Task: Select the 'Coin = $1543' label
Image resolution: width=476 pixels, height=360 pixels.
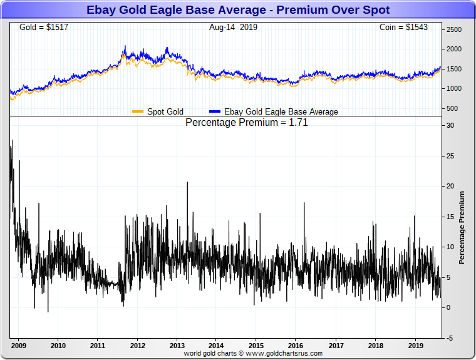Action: pos(403,28)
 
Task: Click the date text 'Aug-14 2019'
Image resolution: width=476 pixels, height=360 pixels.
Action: pos(233,28)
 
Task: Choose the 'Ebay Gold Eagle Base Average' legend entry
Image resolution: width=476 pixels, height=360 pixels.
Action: pos(281,112)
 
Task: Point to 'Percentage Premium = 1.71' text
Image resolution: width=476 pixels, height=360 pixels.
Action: pos(247,123)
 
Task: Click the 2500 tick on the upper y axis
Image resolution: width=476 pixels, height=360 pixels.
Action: pos(454,29)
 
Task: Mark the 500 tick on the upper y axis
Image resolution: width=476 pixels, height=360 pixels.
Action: pos(452,108)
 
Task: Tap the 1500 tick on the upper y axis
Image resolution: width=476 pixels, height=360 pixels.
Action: pos(454,69)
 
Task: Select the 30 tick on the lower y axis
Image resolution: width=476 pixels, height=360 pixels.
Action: pos(450,125)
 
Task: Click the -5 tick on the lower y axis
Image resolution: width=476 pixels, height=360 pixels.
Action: pos(450,338)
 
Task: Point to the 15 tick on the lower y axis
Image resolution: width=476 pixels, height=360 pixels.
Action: pos(450,217)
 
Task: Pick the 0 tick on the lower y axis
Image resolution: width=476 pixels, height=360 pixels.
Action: pos(448,307)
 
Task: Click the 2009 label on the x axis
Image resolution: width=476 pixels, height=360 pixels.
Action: pos(18,345)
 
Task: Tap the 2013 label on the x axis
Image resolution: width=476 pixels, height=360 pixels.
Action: pos(177,345)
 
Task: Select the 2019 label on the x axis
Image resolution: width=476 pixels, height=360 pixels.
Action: pos(416,345)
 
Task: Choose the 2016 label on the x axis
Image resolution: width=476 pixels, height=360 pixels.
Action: pos(296,345)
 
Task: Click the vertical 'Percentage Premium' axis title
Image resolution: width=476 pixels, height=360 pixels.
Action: pos(462,227)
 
